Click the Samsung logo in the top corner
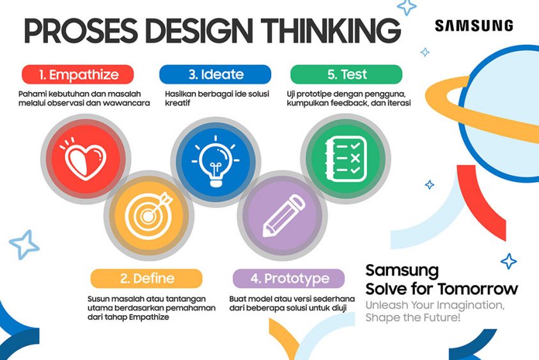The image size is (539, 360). pyautogui.click(x=473, y=26)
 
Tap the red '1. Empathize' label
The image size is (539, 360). pyautogui.click(x=79, y=74)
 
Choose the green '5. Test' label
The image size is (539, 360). pyautogui.click(x=347, y=74)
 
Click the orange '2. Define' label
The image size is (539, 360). pyautogui.click(x=146, y=279)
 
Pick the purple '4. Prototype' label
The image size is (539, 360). pyautogui.click(x=289, y=279)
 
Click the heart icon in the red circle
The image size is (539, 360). pyautogui.click(x=83, y=156)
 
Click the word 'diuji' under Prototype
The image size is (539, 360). pyautogui.click(x=338, y=308)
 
